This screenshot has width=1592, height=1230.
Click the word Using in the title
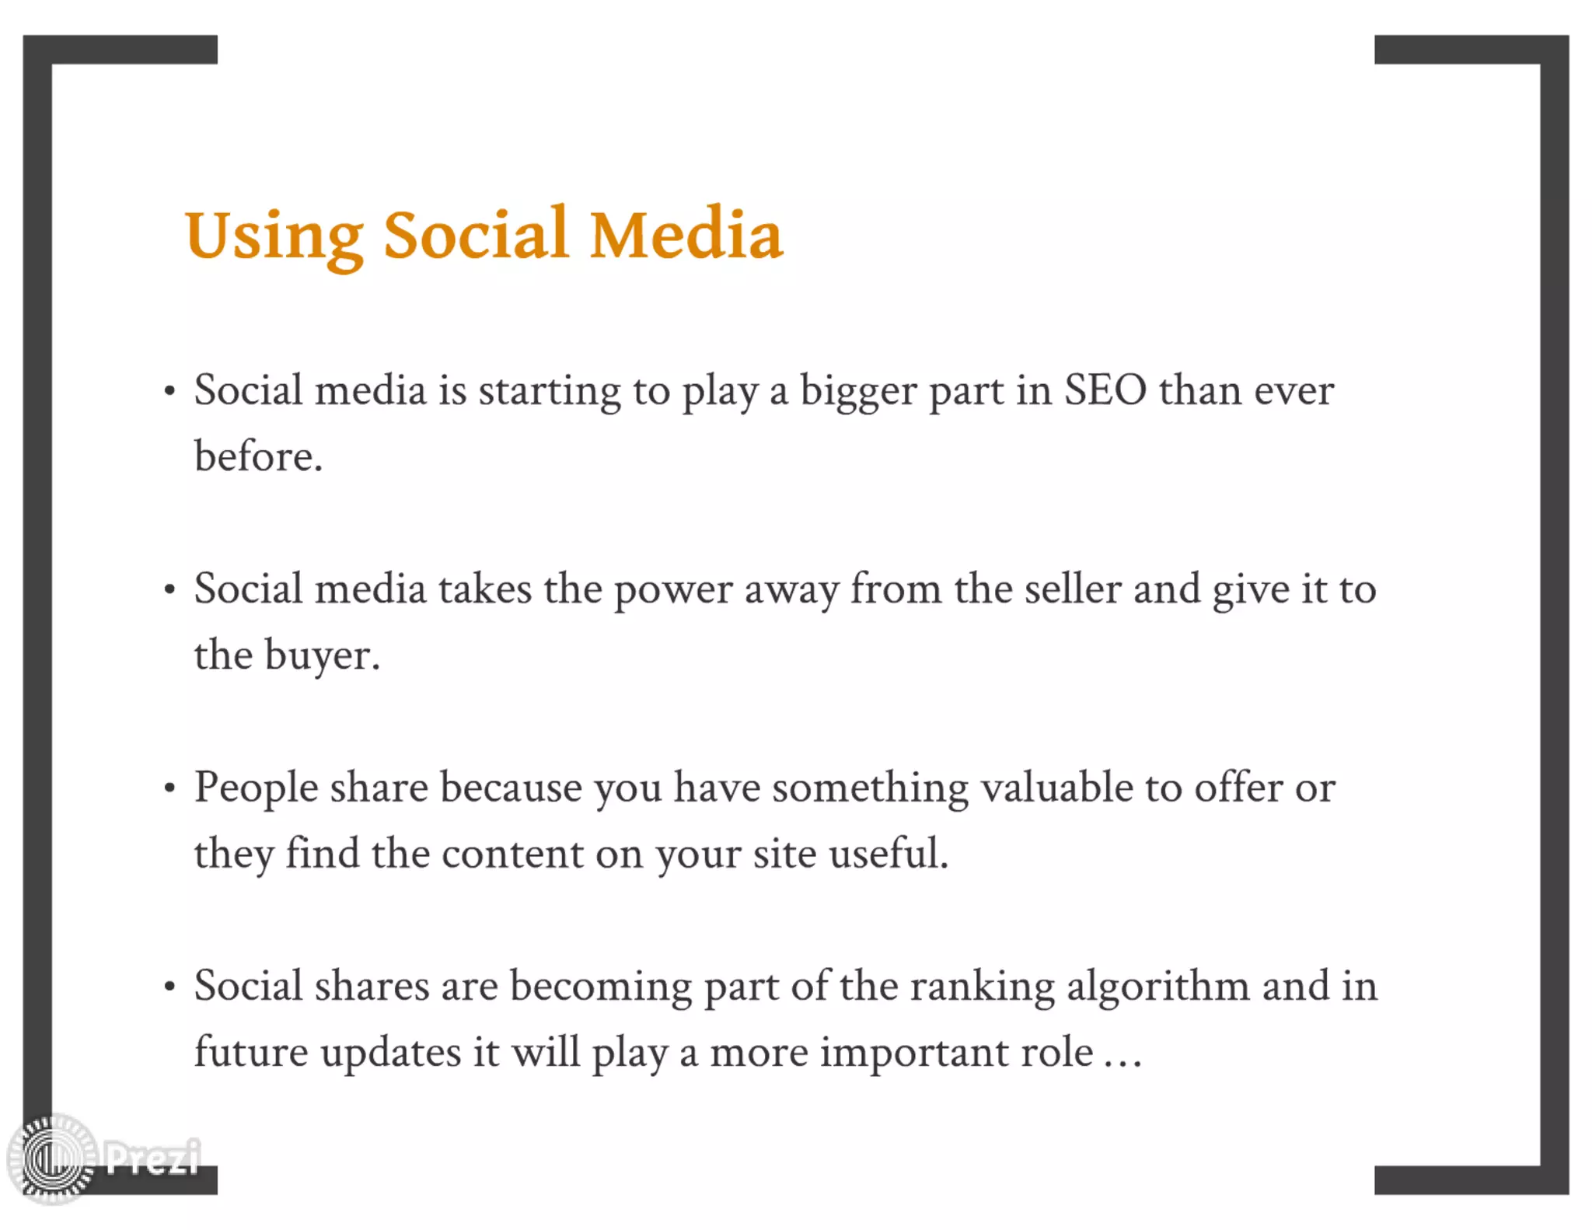(x=274, y=236)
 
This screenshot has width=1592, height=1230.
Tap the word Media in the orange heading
(x=686, y=234)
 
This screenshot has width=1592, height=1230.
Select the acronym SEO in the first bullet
(x=1105, y=390)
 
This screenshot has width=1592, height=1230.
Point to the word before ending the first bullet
(x=257, y=456)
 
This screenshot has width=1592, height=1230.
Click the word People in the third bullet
(x=256, y=788)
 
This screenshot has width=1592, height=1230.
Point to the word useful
(x=888, y=854)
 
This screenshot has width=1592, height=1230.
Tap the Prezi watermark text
(x=152, y=1158)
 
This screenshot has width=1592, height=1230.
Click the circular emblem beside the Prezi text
(x=52, y=1158)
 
